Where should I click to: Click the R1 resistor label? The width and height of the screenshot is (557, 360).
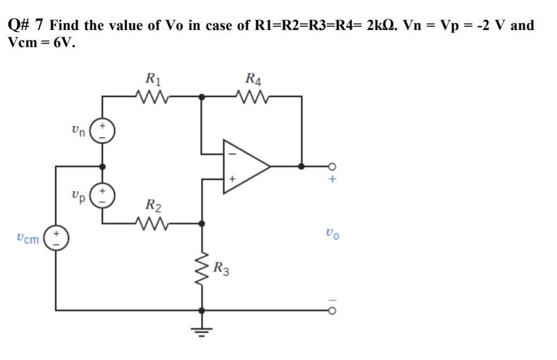[154, 80]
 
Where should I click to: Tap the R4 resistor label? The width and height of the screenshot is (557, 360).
[253, 80]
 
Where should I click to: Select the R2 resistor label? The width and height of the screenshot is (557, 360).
[154, 205]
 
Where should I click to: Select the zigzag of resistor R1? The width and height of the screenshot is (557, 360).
[152, 97]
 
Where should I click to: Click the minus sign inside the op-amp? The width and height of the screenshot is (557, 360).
[232, 152]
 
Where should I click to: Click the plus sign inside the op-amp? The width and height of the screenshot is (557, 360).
[232, 180]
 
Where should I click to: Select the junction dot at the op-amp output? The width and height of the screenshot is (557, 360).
[302, 166]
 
